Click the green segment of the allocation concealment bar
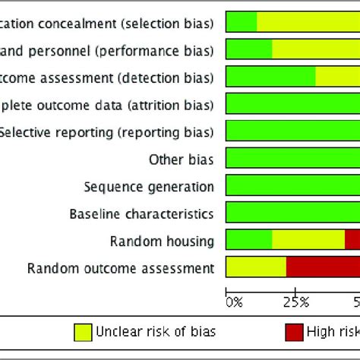tap(242, 22)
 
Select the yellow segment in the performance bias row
tap(315, 49)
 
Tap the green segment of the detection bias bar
tap(270, 76)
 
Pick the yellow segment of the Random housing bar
tap(308, 240)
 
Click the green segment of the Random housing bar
tap(248, 240)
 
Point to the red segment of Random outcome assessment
tap(323, 267)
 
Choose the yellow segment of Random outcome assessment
tap(256, 267)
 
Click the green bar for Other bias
tap(293, 159)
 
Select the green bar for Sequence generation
tap(293, 186)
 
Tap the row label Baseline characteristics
tap(141, 214)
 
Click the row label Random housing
tap(162, 242)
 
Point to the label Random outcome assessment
tap(120, 268)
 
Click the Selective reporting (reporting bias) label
tap(106, 132)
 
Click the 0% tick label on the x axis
tap(234, 302)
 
